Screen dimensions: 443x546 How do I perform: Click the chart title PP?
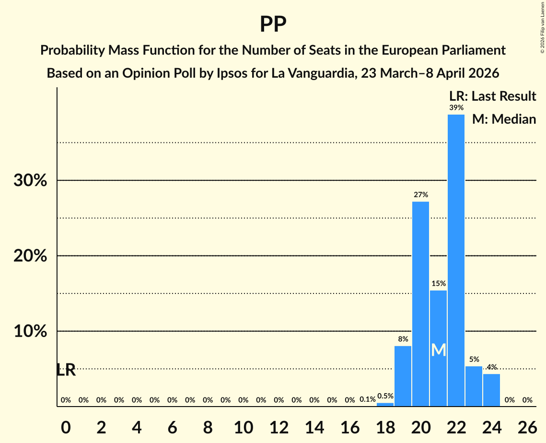pos(273,24)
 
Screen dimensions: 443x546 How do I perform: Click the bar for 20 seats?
pos(421,304)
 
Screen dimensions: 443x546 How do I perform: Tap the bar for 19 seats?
pos(403,376)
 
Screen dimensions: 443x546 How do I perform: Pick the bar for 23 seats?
pos(474,386)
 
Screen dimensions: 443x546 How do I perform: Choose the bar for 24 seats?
pos(492,390)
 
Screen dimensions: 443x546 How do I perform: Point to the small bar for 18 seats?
pos(385,405)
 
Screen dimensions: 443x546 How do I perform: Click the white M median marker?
pos(439,350)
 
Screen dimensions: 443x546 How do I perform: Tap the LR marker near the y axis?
pos(66,370)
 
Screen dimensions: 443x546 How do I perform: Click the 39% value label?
pos(456,108)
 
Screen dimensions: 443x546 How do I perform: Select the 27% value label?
pos(421,195)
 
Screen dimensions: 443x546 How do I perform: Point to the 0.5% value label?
pos(385,396)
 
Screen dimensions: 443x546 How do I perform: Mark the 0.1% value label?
pos(368,399)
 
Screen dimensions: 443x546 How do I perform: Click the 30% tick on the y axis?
pos(30,181)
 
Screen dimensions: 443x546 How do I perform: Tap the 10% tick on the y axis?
pos(30,331)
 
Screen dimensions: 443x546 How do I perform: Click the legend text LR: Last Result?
pos(492,96)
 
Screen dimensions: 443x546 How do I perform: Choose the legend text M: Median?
pos(504,119)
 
